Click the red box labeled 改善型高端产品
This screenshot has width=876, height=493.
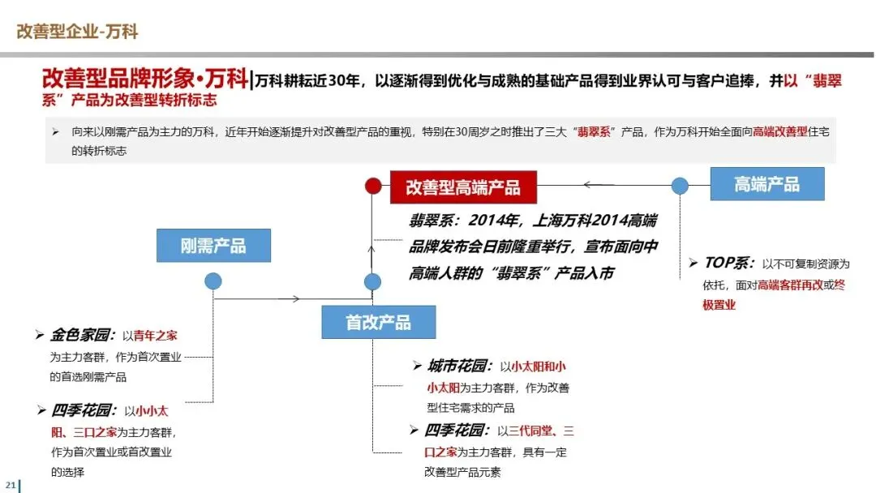pyautogui.click(x=463, y=187)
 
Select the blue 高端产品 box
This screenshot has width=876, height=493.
pyautogui.click(x=766, y=184)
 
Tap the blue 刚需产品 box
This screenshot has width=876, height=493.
pyautogui.click(x=213, y=245)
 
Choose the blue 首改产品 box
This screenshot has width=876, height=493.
pyautogui.click(x=378, y=322)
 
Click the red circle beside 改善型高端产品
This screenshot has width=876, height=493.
pyautogui.click(x=373, y=186)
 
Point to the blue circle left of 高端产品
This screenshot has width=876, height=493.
pyautogui.click(x=680, y=186)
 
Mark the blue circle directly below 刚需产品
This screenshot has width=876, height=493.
pyautogui.click(x=213, y=281)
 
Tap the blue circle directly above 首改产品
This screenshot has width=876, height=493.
pyautogui.click(x=372, y=282)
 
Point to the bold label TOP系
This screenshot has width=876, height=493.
pyautogui.click(x=728, y=263)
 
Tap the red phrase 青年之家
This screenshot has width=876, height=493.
pyautogui.click(x=155, y=336)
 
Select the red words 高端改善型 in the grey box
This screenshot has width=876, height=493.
pyautogui.click(x=784, y=131)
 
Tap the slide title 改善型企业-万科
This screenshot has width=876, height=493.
pyautogui.click(x=77, y=32)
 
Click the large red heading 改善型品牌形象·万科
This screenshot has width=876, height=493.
pyautogui.click(x=144, y=79)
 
